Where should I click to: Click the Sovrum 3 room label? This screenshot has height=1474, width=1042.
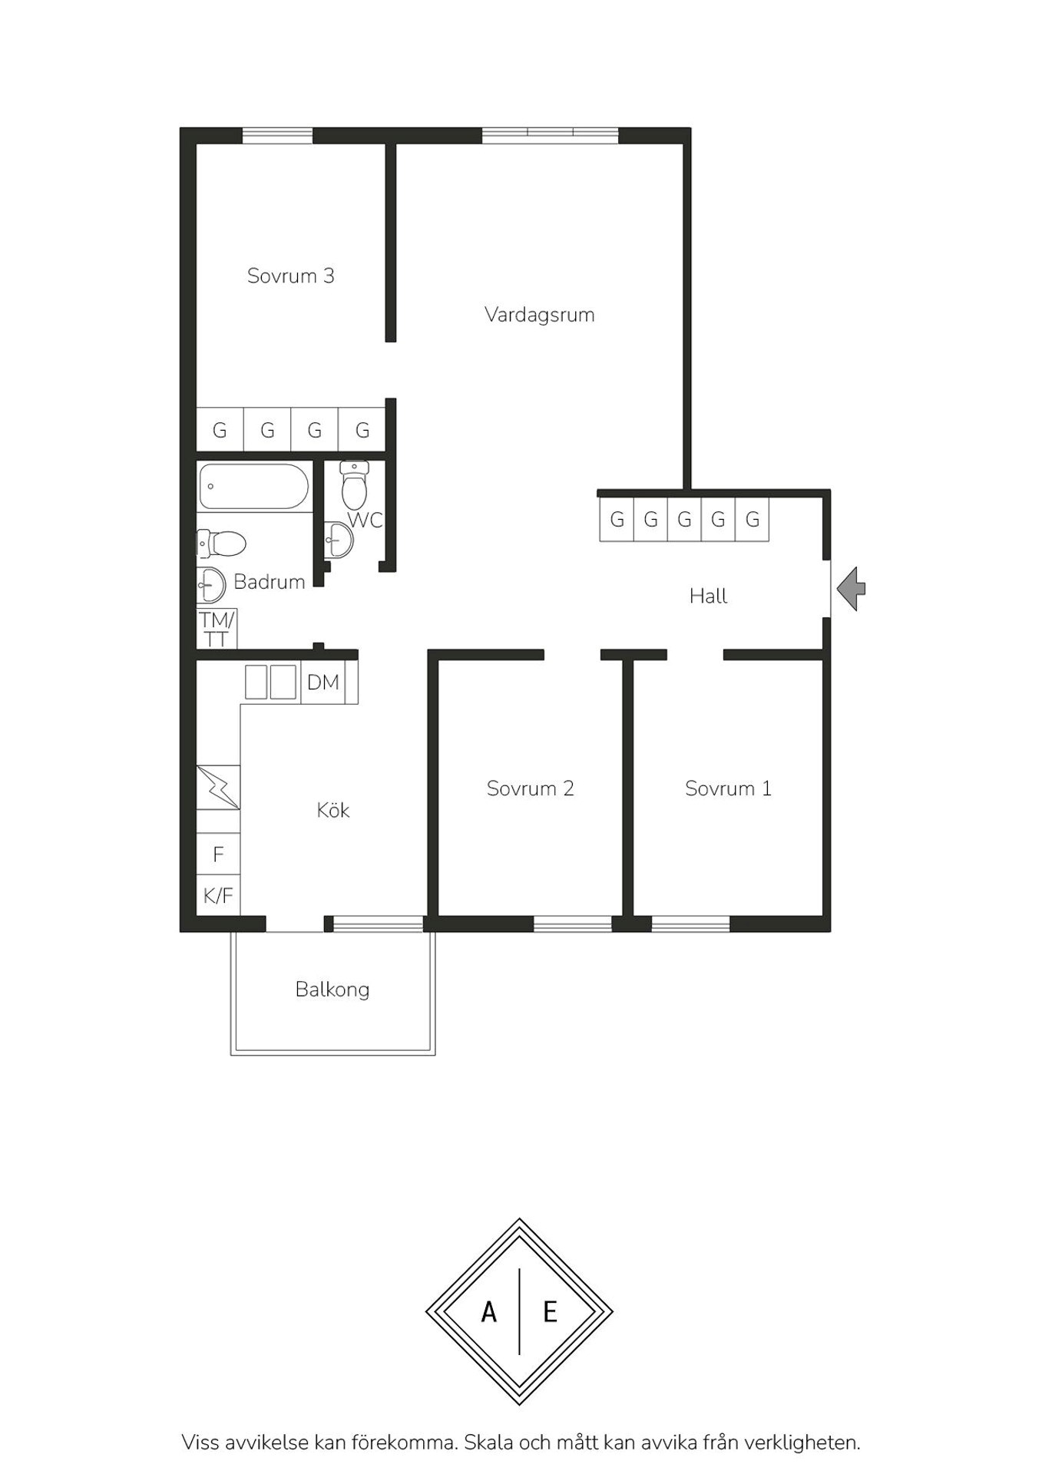(290, 276)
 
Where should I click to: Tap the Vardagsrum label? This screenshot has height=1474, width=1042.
(539, 315)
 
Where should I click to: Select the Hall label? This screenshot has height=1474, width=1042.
(708, 596)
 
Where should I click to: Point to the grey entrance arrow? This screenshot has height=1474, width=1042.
(851, 589)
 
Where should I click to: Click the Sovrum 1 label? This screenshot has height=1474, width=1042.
(728, 788)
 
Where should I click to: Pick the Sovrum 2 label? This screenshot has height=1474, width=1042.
(530, 788)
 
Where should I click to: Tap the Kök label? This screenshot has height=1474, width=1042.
(333, 810)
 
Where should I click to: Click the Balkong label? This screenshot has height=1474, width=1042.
(332, 990)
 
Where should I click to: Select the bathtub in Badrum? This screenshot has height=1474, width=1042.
(254, 486)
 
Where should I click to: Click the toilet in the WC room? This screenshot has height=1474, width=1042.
(354, 484)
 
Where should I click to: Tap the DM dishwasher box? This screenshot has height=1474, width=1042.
(323, 682)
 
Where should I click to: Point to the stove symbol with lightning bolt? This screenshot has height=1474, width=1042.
(218, 787)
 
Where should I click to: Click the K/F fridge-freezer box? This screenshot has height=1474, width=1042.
(218, 895)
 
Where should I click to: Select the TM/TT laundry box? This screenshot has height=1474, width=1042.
(217, 628)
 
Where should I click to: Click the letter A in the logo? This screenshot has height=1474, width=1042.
(488, 1313)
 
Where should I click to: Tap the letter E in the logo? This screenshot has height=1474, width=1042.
(550, 1313)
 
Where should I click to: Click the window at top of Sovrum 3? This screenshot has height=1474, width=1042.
(277, 136)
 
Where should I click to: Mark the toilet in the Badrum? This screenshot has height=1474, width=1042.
(221, 544)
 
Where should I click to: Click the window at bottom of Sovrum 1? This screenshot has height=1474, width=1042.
(690, 924)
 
